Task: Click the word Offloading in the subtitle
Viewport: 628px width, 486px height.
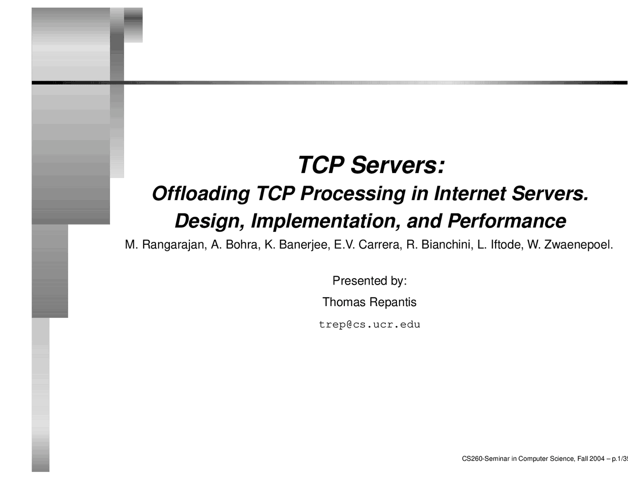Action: pos(201,194)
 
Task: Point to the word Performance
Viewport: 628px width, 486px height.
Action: pos(507,221)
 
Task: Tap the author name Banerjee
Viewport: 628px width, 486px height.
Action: pos(304,245)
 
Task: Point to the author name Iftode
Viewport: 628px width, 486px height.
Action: pos(507,245)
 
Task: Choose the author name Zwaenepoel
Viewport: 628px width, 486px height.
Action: pos(578,245)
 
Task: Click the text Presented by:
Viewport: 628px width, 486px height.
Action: pos(369,281)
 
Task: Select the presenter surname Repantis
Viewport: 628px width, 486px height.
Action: pos(393,303)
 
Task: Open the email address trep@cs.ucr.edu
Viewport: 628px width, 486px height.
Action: pos(369,325)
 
